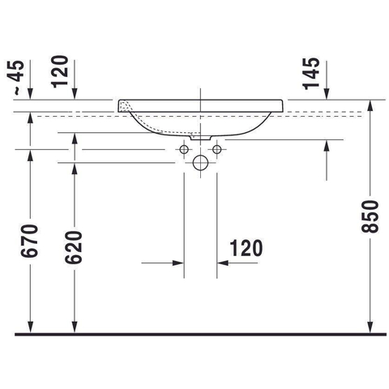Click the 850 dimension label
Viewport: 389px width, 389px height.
(370, 216)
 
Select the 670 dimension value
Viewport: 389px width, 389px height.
(29, 241)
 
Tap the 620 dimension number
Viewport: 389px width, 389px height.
(74, 247)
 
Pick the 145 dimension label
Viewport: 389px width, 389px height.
(311, 74)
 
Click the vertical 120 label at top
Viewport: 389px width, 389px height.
(60, 71)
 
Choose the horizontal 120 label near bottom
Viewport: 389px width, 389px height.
(246, 248)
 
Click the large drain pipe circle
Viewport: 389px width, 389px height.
(200, 163)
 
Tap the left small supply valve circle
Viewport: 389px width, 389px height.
(184, 149)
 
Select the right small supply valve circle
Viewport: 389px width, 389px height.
(217, 149)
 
